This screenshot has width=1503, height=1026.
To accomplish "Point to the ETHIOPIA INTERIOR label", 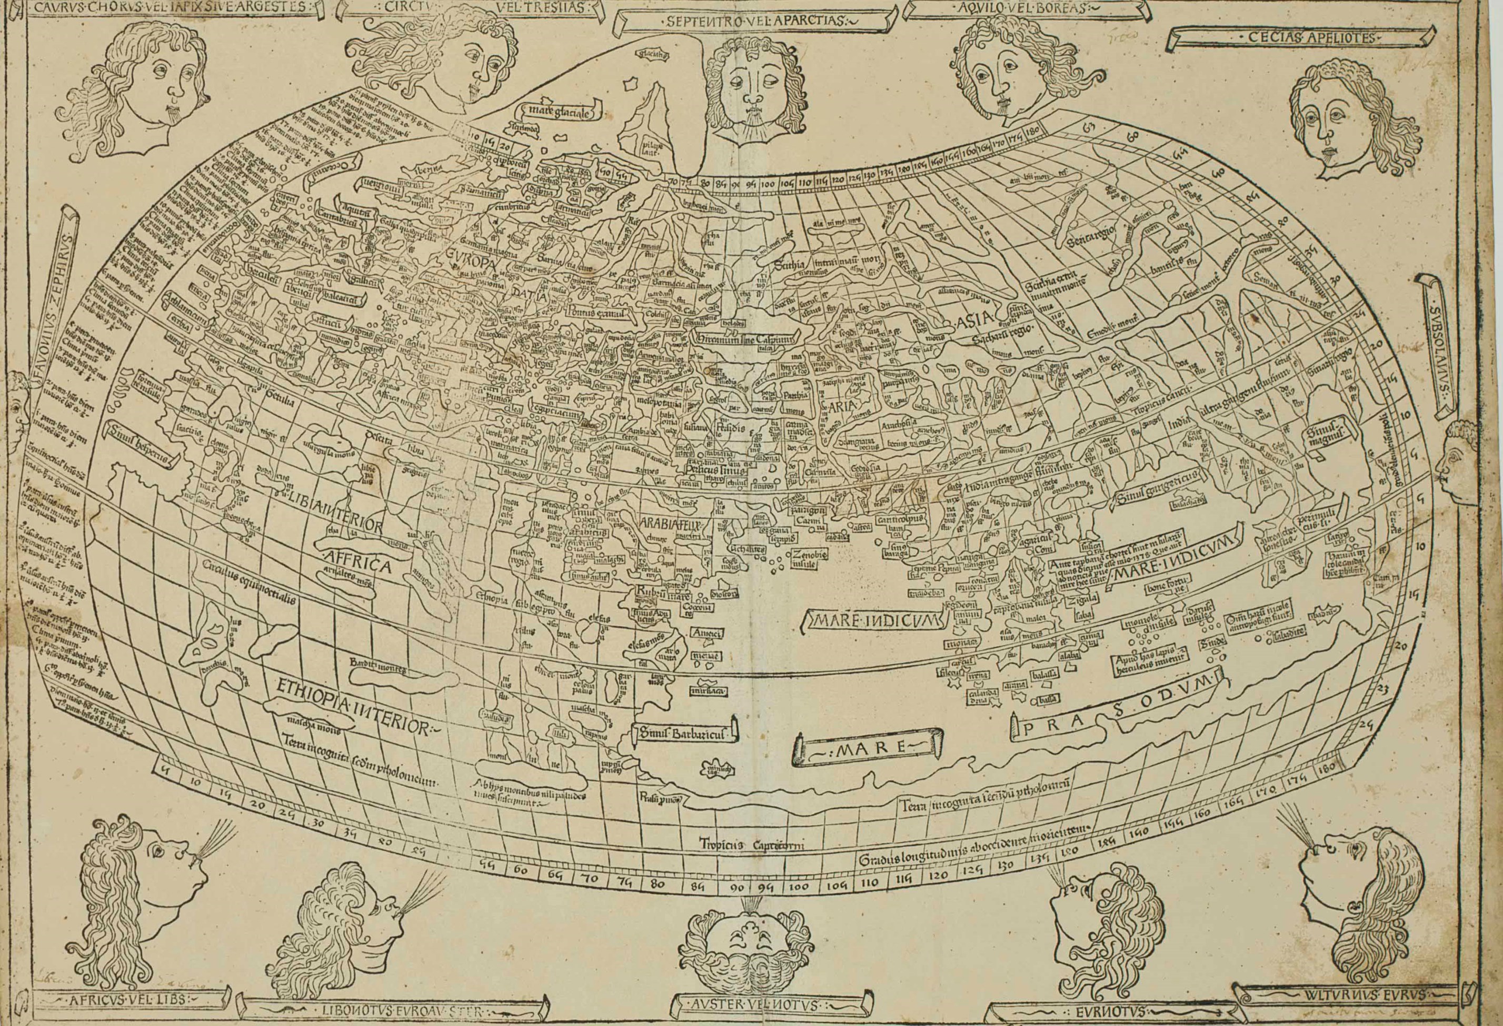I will (353, 709).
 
